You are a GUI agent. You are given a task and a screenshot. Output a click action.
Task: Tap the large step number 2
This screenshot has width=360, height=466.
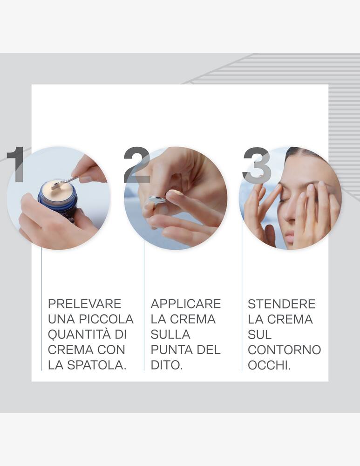click(x=136, y=164)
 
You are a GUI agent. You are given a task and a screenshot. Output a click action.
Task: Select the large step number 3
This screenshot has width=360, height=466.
click(x=257, y=164)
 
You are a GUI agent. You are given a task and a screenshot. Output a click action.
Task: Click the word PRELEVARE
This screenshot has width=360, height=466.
click(x=84, y=304)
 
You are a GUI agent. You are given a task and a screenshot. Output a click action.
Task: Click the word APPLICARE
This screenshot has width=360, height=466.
click(x=185, y=304)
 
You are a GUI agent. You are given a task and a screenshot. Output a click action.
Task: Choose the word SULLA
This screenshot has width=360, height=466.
click(x=170, y=335)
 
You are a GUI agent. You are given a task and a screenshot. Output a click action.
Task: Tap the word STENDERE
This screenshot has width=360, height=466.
click(x=281, y=304)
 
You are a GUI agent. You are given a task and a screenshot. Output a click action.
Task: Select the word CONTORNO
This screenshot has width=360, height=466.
click(x=284, y=349)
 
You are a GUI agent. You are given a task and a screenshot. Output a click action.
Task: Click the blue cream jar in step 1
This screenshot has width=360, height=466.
click(x=58, y=200)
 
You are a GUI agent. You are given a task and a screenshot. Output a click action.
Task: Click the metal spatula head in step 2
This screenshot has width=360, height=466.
click(x=157, y=200)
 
